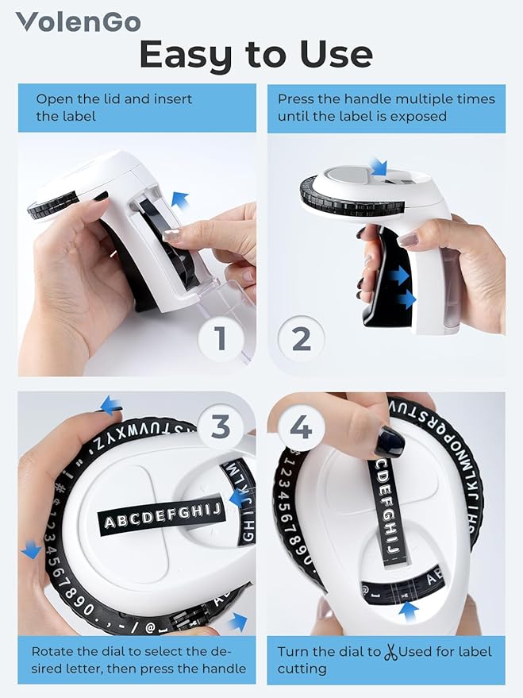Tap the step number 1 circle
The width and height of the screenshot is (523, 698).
pos(221,338)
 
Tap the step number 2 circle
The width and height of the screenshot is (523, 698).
pos(302,338)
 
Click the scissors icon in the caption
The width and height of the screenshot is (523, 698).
pos(390,653)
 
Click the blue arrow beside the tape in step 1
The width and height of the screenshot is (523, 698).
pos(180,200)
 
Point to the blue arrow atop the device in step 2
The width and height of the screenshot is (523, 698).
pos(378,166)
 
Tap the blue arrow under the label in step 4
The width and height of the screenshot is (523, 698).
pos(408,610)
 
